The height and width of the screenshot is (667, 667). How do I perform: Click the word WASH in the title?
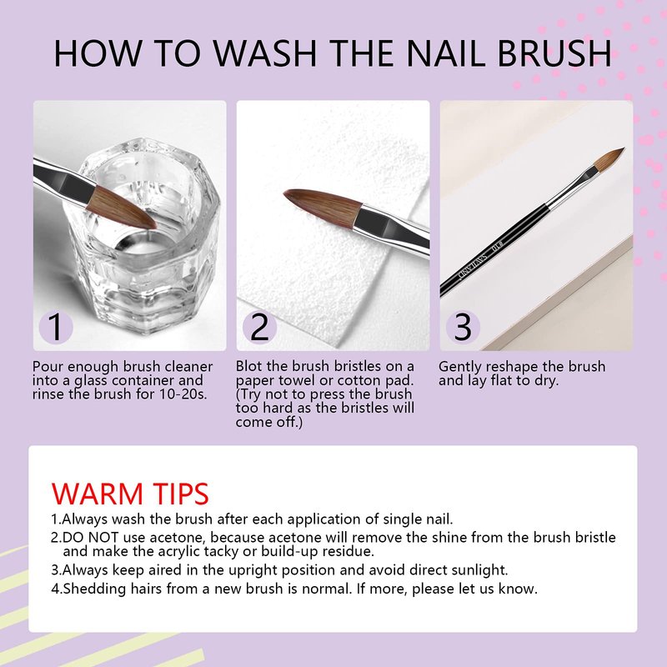click(264, 53)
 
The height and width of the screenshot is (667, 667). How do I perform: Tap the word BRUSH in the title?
click(554, 53)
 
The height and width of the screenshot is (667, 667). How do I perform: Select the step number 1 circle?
click(56, 327)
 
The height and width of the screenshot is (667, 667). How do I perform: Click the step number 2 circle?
click(259, 327)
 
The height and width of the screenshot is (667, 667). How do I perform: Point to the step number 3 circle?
click(463, 327)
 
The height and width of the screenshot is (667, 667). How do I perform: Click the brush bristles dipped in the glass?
click(122, 208)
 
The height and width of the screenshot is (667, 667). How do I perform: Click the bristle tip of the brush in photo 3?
click(624, 148)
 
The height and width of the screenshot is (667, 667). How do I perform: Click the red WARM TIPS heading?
click(130, 494)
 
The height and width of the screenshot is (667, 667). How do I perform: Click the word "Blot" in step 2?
click(248, 366)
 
